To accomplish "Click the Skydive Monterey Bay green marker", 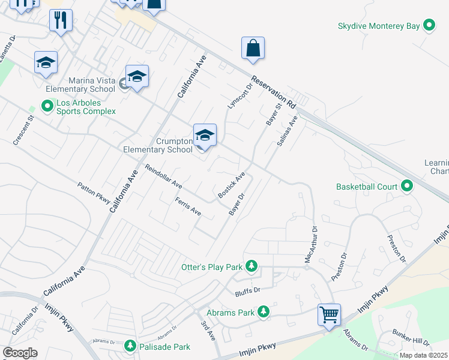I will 429,26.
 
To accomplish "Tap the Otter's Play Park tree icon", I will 252,266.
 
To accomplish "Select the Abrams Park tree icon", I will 263,312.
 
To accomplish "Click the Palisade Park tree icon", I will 130,346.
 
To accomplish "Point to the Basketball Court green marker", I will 407,187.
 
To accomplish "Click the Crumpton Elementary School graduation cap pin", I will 205,134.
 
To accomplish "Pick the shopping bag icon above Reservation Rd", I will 253,48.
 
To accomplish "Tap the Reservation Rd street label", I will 274,92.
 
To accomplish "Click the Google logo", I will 20,353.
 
